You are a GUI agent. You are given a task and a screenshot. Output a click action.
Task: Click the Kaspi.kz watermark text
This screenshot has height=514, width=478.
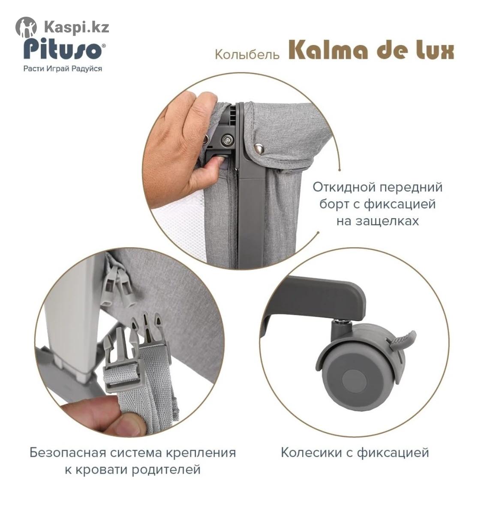tap(76, 27)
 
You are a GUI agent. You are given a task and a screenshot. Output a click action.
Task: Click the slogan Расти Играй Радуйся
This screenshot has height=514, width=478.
tap(63, 69)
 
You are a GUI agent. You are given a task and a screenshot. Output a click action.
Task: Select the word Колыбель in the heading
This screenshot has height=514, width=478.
tap(247, 54)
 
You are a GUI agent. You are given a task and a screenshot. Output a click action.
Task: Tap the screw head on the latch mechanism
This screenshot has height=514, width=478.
tap(227, 140)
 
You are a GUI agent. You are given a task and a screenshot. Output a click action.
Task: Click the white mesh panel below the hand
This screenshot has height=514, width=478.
tap(179, 228)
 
